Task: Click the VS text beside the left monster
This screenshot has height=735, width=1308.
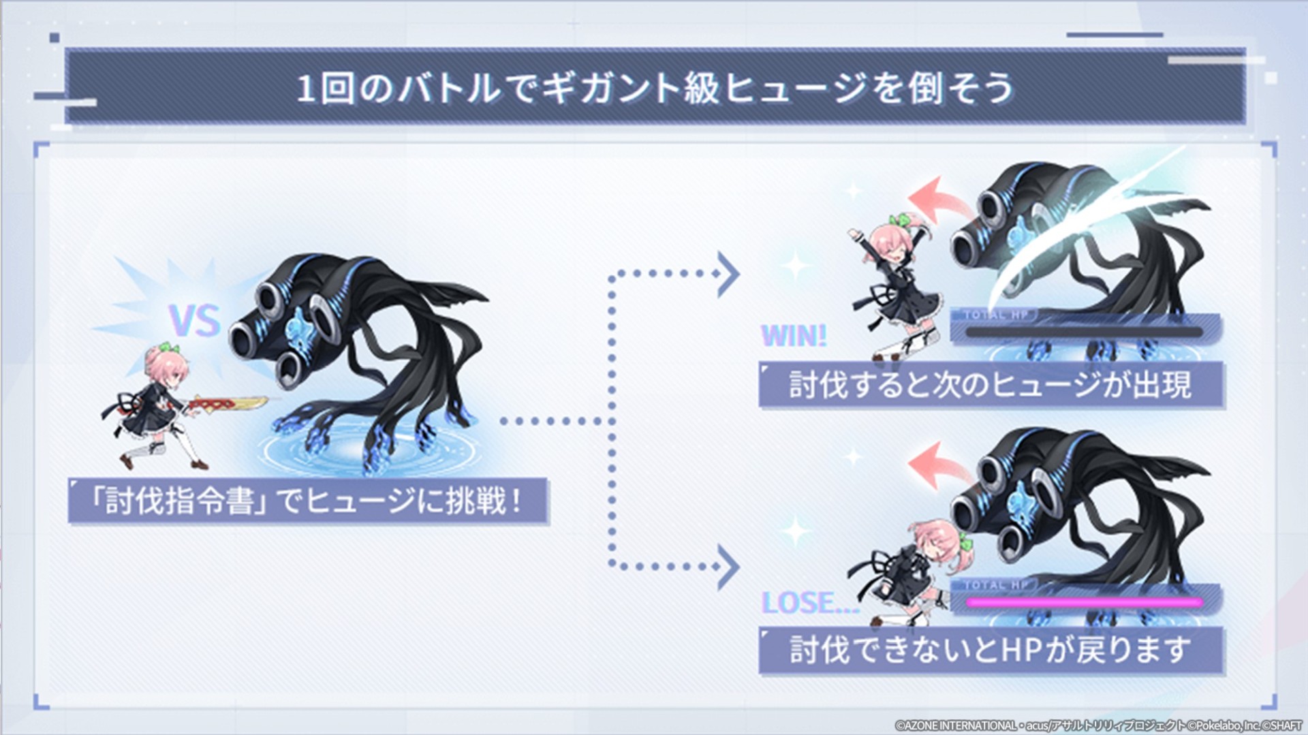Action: click(x=195, y=320)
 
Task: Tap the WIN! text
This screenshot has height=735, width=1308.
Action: click(x=794, y=336)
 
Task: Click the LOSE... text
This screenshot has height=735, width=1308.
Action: click(x=810, y=603)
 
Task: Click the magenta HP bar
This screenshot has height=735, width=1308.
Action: click(x=1084, y=602)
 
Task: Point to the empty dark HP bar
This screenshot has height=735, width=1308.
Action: click(x=1084, y=332)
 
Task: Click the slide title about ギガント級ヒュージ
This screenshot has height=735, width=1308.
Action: click(x=655, y=89)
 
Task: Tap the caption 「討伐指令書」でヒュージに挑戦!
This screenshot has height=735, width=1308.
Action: click(x=308, y=501)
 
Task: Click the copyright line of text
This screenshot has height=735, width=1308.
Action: click(x=1098, y=726)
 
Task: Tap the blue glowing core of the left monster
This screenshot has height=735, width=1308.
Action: click(x=300, y=326)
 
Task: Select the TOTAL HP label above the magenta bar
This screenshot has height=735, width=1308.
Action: click(x=996, y=585)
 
